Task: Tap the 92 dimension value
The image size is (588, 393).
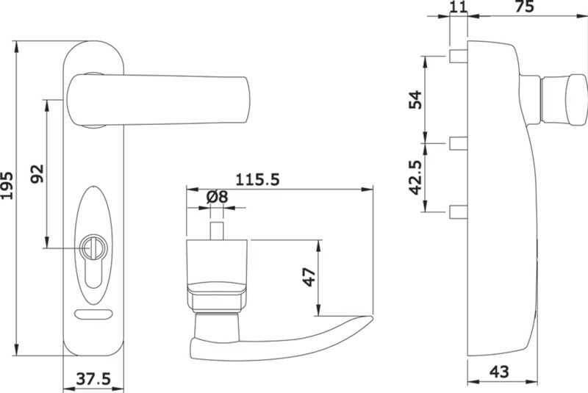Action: click(x=37, y=173)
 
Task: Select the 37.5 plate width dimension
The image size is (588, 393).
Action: click(x=93, y=379)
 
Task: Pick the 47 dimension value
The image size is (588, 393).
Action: click(x=309, y=277)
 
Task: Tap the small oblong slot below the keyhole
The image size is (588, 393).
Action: click(x=93, y=315)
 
